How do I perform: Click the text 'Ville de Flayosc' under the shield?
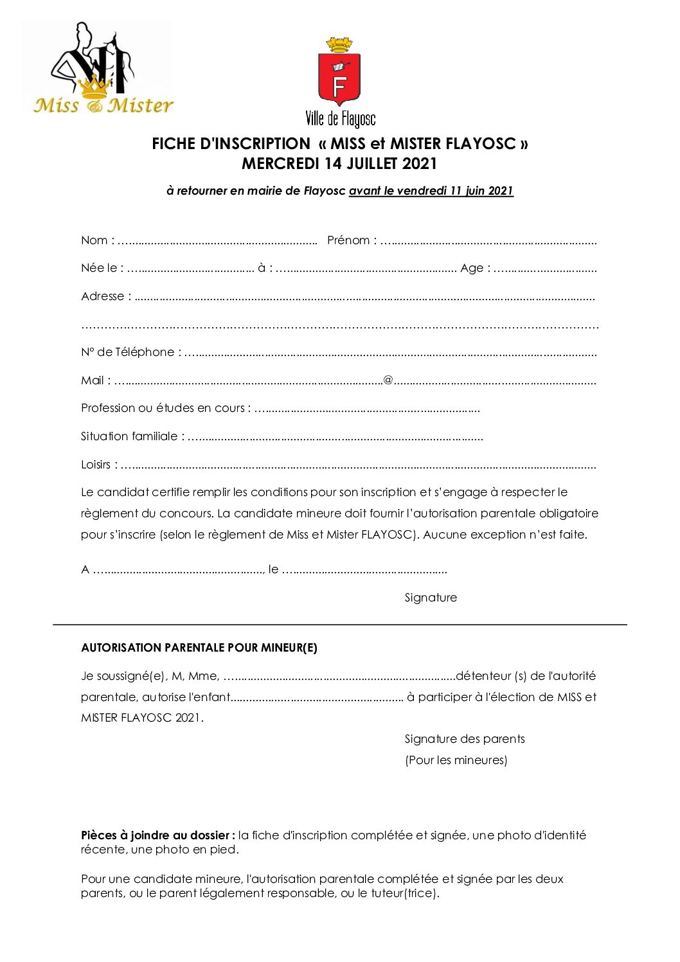pos(340,119)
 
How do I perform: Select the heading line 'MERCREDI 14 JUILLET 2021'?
pos(339,164)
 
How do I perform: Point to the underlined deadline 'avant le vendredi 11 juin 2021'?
pos(431,191)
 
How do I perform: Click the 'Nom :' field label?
pos(97,240)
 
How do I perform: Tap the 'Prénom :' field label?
pos(352,240)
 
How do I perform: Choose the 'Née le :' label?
pos(102,268)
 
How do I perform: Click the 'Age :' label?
pos(475,268)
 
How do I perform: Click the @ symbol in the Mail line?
pos(388,380)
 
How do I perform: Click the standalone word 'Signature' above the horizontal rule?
pos(431,598)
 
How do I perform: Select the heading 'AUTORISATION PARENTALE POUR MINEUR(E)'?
pos(199,648)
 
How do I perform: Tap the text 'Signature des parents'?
pos(465,739)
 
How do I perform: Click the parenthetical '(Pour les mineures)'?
pos(456,760)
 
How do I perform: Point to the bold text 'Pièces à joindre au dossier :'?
pos(157,835)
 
